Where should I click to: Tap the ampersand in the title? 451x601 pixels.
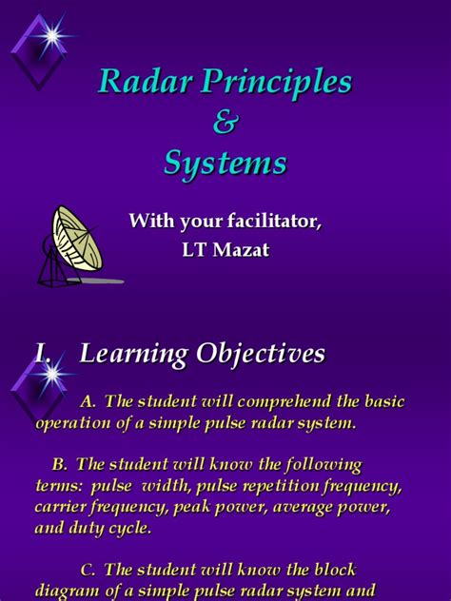(225, 124)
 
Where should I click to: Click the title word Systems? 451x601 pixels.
(225, 164)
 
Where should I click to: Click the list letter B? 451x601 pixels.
(60, 464)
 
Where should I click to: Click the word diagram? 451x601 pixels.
(66, 592)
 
